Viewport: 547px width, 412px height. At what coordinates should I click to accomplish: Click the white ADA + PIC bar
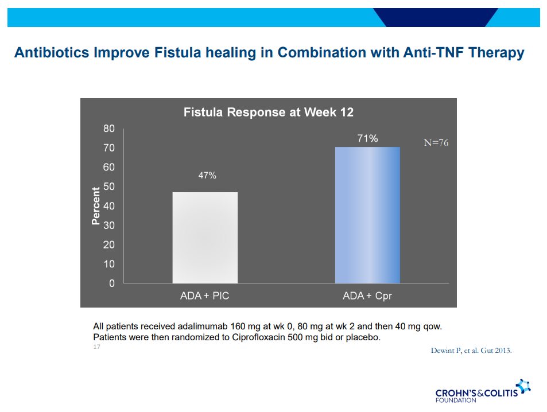tap(205, 238)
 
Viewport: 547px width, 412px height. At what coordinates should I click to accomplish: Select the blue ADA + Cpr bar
tap(367, 215)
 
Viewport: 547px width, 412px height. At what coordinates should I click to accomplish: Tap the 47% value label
tap(207, 176)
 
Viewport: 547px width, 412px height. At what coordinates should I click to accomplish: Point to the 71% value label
tap(367, 138)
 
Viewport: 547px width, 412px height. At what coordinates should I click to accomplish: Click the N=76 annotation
tap(436, 143)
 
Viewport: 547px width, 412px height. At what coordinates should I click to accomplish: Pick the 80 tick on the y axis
tap(109, 129)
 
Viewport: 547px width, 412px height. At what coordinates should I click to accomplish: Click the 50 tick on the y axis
tap(109, 186)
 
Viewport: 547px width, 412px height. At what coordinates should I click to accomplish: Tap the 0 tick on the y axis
tap(112, 283)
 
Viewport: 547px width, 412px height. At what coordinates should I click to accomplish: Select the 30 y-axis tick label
tap(109, 226)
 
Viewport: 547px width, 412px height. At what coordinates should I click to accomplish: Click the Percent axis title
tap(96, 205)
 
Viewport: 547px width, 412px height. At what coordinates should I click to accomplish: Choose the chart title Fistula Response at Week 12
tap(269, 112)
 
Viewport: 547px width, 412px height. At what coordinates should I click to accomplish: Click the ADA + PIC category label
tap(205, 296)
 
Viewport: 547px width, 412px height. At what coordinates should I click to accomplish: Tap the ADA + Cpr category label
tap(367, 296)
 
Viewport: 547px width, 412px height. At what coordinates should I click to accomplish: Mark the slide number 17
tap(96, 347)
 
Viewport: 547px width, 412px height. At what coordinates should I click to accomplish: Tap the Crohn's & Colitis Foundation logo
tap(482, 391)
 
